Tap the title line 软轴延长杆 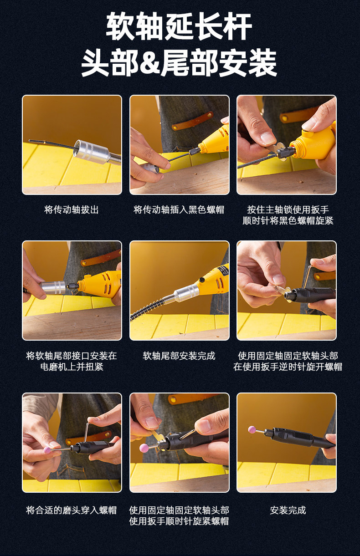179,26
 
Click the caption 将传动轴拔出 72,210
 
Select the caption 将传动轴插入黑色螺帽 179,210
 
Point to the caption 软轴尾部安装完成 179,356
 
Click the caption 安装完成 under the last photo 288,510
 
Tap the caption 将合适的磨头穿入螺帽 72,510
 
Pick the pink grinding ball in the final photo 252,430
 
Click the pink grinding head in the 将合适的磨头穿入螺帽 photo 47,450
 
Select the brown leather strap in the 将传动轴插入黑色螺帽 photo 193,121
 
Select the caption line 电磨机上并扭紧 72,367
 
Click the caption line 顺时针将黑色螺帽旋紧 288,220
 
